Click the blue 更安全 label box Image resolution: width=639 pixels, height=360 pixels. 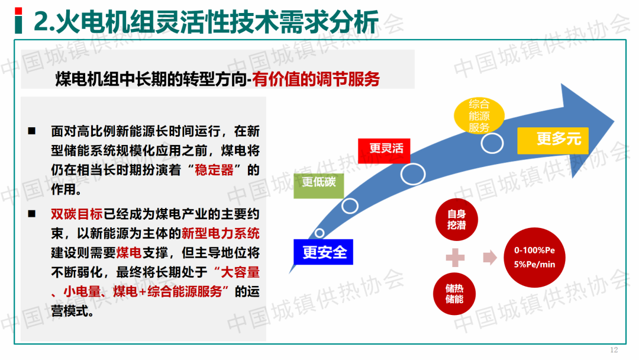click(x=323, y=252)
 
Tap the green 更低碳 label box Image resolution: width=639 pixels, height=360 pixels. click(x=319, y=185)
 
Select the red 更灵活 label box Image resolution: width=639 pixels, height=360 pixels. click(x=384, y=151)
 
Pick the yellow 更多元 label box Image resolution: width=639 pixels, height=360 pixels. click(x=553, y=141)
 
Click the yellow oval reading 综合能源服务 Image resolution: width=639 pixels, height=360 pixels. click(x=479, y=116)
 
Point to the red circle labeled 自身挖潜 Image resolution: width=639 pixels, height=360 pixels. click(x=456, y=219)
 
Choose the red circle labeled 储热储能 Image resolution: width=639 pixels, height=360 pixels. click(x=454, y=294)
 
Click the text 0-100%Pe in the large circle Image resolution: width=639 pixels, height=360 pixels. click(x=534, y=250)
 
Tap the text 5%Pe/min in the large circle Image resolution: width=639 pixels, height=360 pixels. click(x=534, y=264)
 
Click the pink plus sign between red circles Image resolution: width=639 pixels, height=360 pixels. click(x=455, y=258)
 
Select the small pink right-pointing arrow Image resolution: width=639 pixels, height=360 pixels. click(x=490, y=258)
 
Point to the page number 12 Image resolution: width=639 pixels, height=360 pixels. click(x=614, y=350)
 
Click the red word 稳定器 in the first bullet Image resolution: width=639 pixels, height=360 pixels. click(x=214, y=169)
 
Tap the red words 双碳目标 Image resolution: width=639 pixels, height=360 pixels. click(x=76, y=214)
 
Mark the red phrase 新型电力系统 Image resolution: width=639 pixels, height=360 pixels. click(x=221, y=233)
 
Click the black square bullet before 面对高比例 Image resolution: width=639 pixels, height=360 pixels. click(x=32, y=131)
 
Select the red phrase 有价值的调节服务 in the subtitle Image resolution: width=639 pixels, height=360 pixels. click(x=316, y=79)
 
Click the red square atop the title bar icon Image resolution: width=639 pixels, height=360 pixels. click(x=18, y=11)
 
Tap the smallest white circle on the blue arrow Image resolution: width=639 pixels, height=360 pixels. click(x=319, y=233)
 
